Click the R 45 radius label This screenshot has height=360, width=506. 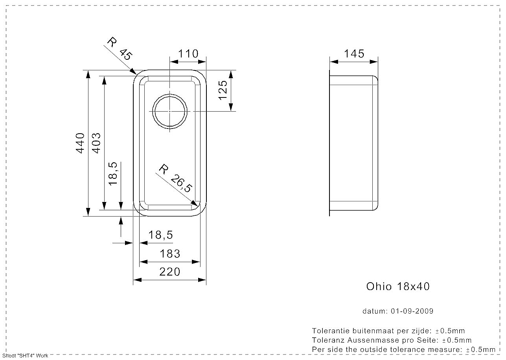[119, 48]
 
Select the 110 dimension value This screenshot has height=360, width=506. [188, 53]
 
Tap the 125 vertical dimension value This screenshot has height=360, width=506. [223, 90]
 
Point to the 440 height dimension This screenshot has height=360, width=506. [80, 143]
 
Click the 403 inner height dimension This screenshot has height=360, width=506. [96, 143]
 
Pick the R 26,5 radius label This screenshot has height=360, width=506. [175, 179]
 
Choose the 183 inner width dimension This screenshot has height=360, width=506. [170, 254]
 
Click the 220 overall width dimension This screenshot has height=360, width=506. [170, 272]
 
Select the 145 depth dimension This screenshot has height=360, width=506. [354, 53]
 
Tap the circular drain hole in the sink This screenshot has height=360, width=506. [170, 112]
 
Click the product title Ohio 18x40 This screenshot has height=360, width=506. [398, 287]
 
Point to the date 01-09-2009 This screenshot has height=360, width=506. [412, 311]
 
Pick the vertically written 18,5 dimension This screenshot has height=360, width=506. [113, 174]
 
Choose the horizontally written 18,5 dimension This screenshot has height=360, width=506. [161, 235]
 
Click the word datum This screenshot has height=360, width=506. [375, 311]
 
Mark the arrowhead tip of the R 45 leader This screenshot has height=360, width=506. [136, 74]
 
